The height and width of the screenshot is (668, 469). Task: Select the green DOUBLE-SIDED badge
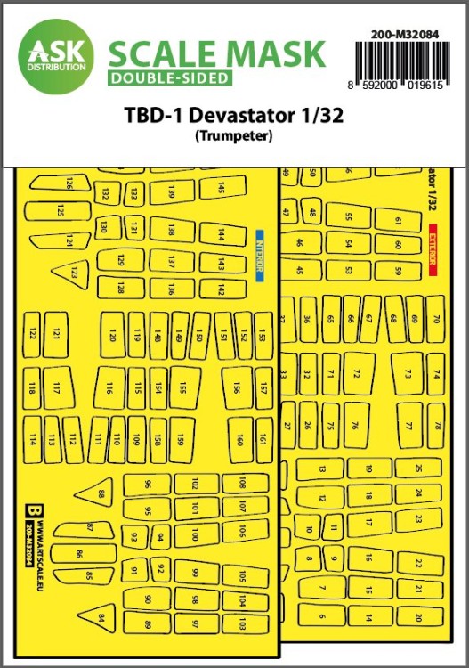(170, 78)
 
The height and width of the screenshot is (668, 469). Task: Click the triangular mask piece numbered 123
(69, 273)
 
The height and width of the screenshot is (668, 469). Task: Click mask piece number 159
(182, 438)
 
